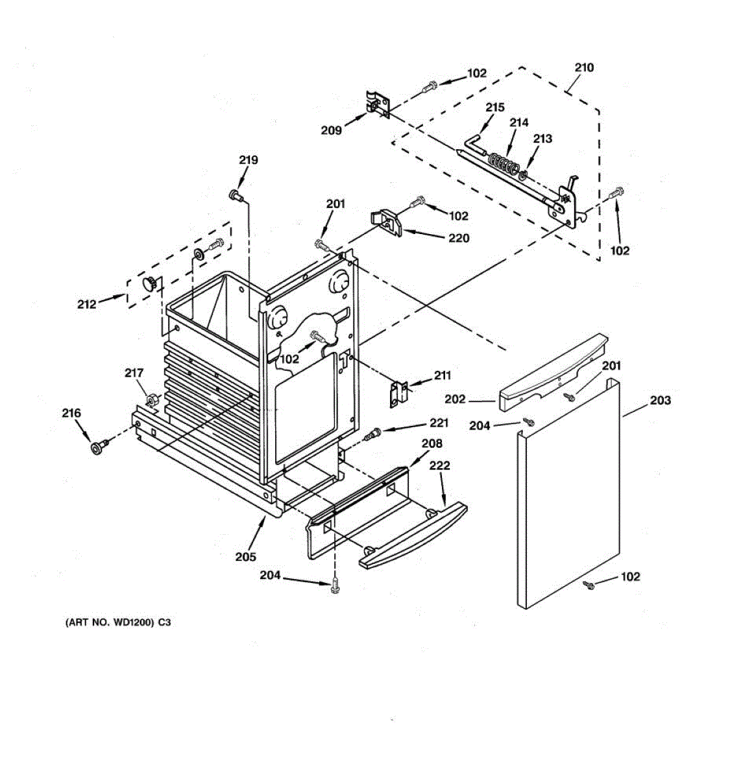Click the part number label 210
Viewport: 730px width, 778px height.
584,67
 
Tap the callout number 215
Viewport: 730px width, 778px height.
495,108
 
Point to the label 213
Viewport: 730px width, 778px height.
542,138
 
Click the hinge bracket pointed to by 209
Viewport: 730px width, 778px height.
377,105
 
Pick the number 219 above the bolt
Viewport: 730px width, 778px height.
248,160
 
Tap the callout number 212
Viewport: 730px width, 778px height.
87,303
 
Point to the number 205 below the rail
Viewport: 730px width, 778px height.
245,556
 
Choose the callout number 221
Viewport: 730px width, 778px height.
439,423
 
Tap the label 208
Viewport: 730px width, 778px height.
432,443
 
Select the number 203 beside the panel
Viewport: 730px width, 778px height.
660,400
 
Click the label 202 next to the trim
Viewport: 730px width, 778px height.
455,399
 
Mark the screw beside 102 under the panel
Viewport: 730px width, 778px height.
590,586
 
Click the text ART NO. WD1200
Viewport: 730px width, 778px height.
117,623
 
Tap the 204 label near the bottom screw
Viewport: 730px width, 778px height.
271,574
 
